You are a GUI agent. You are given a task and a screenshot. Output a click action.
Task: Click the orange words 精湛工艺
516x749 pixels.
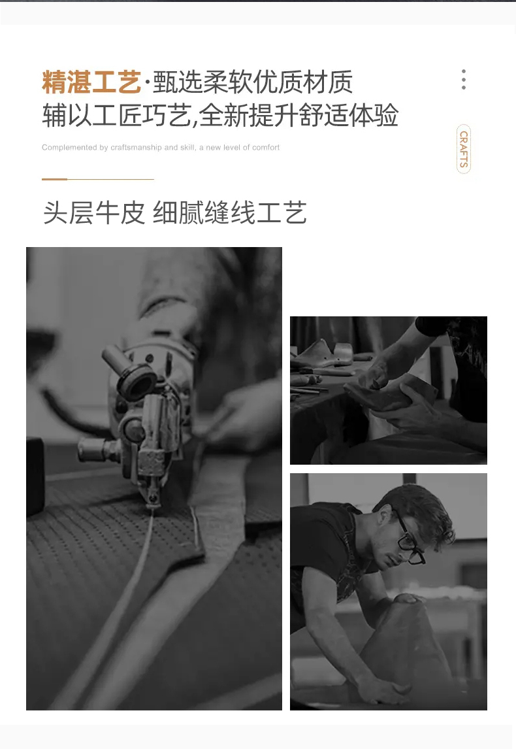91,82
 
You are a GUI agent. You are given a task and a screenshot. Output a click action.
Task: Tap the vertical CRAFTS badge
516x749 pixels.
464,149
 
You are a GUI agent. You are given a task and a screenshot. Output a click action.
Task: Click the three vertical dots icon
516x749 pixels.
464,79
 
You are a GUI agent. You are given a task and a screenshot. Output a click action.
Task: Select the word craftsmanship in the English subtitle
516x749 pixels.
136,148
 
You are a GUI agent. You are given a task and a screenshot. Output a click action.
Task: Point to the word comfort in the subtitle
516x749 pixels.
266,148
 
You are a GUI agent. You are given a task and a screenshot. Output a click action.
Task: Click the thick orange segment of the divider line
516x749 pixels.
54,179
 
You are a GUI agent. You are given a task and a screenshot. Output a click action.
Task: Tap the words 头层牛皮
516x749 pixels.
93,212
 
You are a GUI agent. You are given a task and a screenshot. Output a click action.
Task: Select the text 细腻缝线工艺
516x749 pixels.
230,212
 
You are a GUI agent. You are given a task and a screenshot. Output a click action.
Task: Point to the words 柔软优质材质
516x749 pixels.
278,82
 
